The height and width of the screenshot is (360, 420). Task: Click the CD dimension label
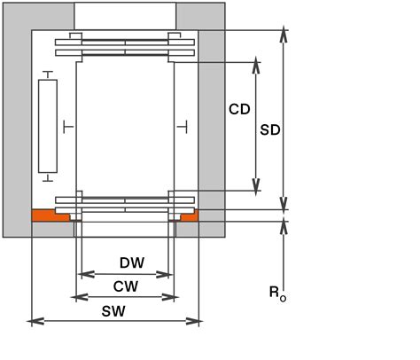click(239, 110)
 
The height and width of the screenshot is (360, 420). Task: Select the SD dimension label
click(270, 129)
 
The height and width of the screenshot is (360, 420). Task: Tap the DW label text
click(131, 263)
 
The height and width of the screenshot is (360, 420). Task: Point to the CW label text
click(124, 286)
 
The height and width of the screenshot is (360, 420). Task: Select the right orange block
click(188, 215)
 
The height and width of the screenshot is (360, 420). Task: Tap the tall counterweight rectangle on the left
click(47, 126)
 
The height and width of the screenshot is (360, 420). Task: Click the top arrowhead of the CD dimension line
click(257, 65)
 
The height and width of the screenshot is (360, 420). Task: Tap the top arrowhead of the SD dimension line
click(284, 34)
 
